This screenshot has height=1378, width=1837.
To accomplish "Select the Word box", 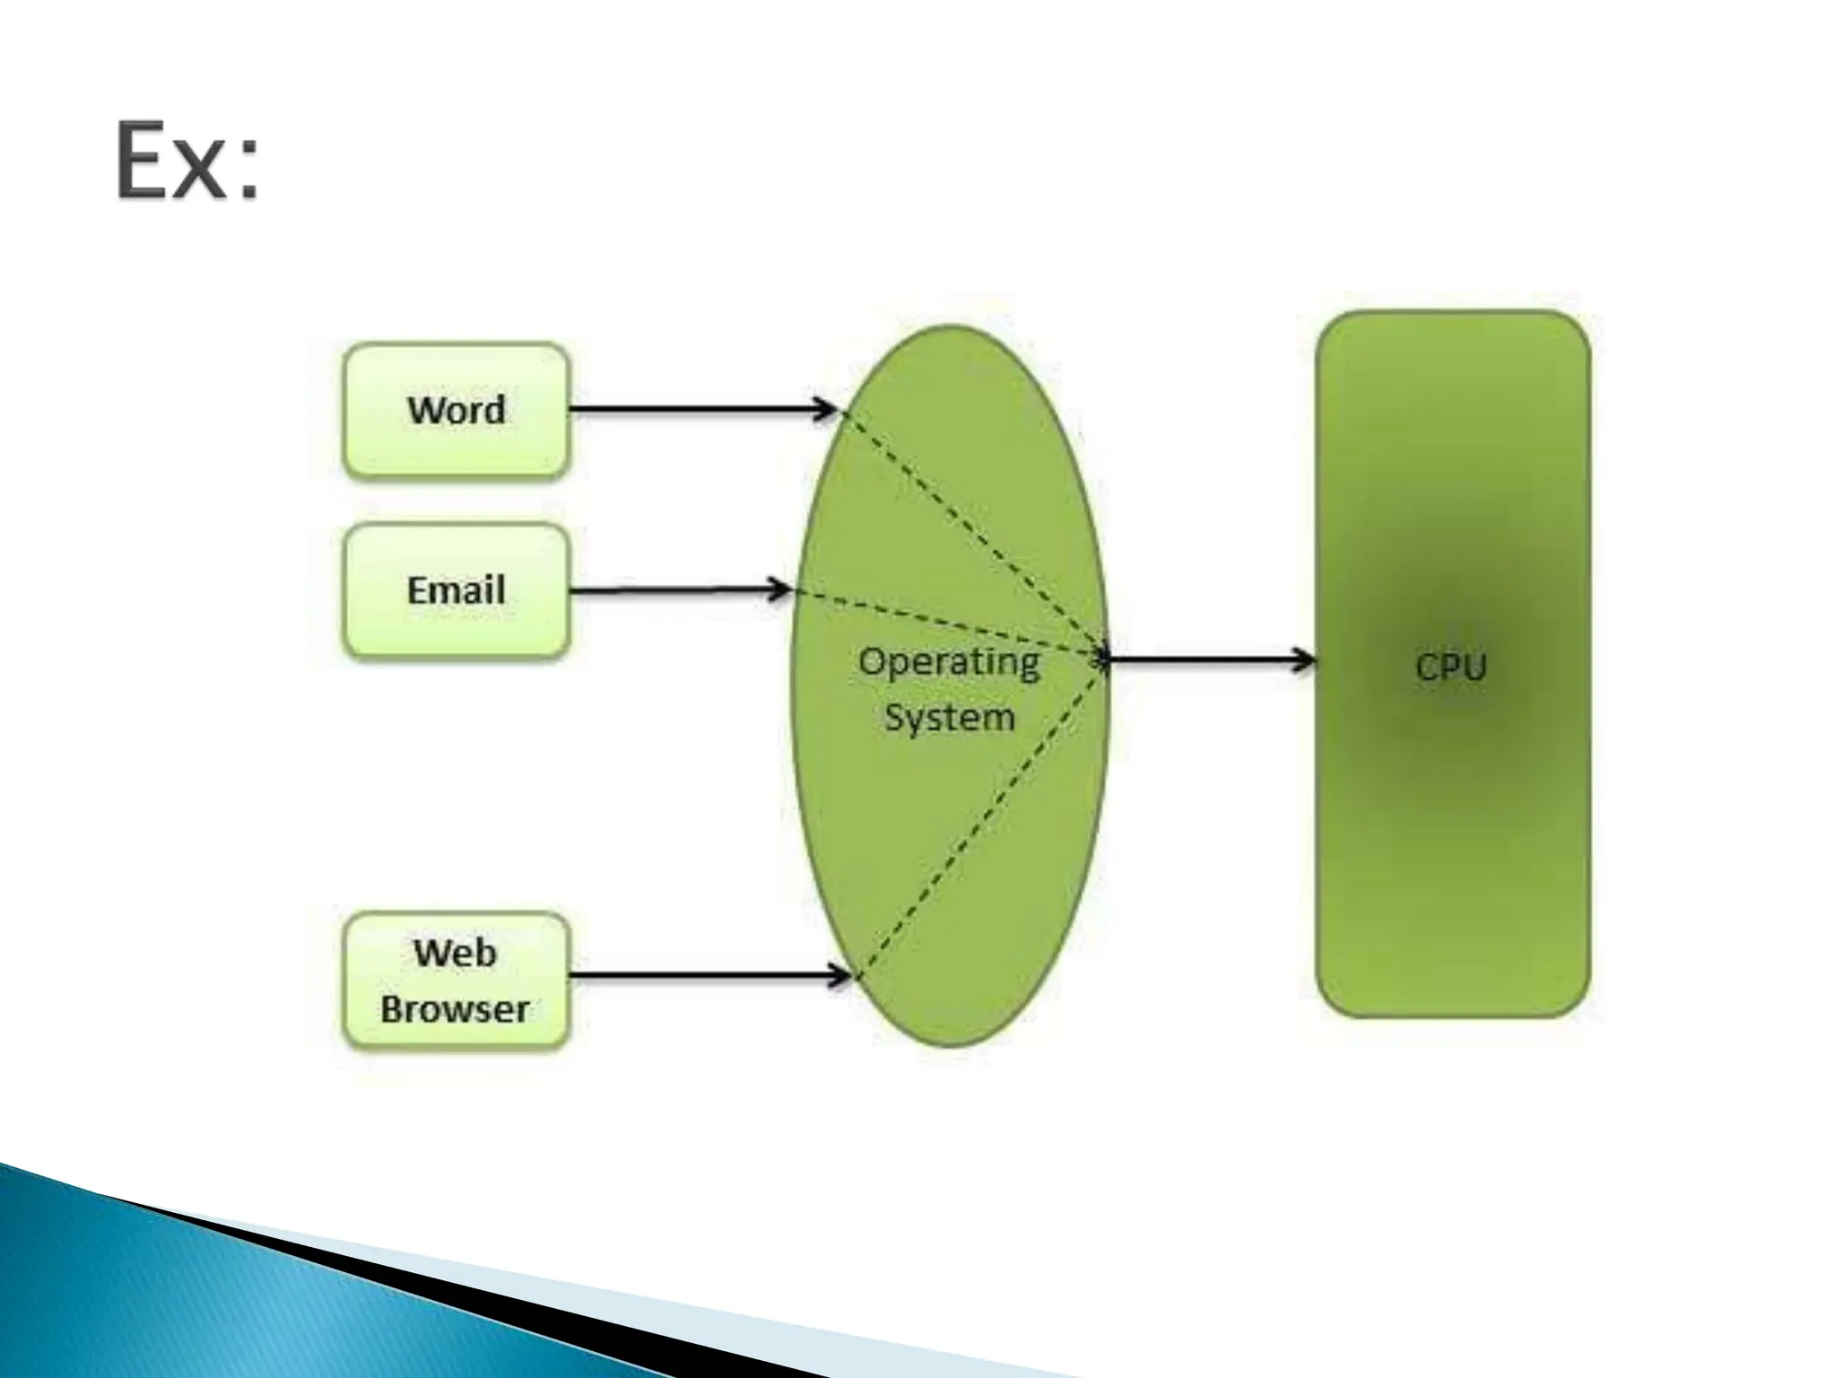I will (456, 410).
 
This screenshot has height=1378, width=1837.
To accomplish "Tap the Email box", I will (456, 591).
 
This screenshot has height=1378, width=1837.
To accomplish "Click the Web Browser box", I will (456, 981).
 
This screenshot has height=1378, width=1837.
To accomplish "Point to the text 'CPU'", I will (1450, 667).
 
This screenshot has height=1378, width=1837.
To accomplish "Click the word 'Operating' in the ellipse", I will (949, 662).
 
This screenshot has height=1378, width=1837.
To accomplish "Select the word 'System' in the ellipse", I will (949, 717).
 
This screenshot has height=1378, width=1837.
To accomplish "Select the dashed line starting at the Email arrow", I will (951, 625).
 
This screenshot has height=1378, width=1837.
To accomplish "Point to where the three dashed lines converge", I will (1105, 659).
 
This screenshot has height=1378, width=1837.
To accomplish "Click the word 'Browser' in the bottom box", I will (455, 1009).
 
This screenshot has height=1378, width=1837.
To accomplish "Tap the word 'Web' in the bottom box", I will (455, 953).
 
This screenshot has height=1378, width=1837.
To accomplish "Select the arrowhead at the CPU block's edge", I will (1305, 661).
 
